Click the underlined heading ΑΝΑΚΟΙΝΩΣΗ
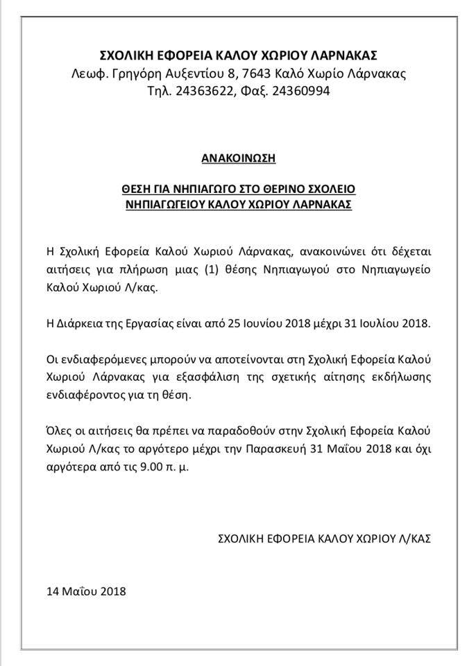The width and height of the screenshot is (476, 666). pos(238,158)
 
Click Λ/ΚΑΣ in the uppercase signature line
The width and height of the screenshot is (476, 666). pos(415,537)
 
